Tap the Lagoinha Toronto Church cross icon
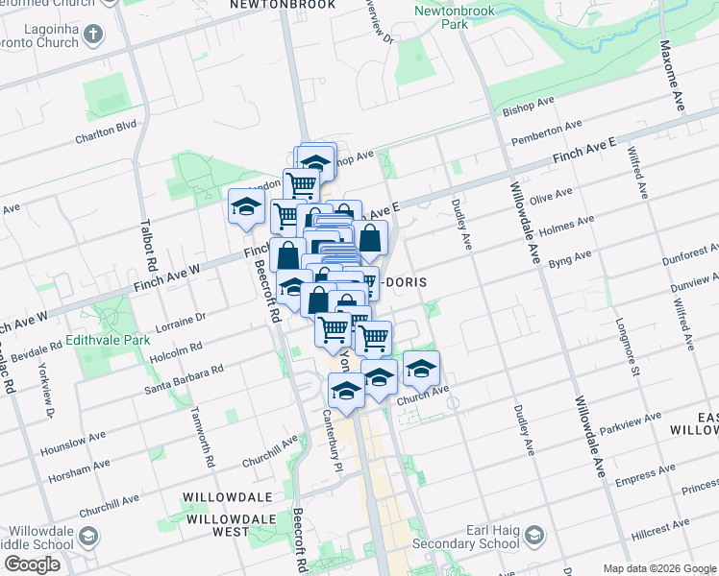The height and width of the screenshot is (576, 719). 93,36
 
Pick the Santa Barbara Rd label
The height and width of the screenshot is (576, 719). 184,378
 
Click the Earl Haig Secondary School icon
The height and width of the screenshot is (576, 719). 533,534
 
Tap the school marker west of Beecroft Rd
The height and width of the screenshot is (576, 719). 246,207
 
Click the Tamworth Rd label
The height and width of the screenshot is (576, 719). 209,444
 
